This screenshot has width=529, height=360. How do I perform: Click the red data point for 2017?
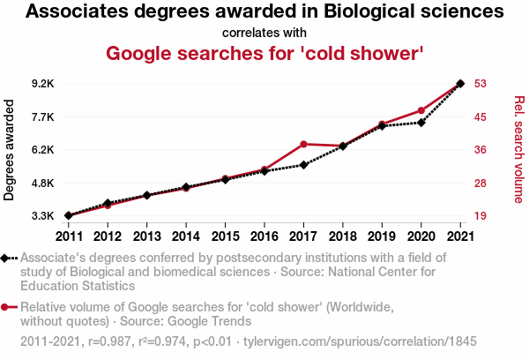[x=303, y=144]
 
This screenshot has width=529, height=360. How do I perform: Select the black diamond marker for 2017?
[x=303, y=165]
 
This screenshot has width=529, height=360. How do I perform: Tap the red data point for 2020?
[x=421, y=110]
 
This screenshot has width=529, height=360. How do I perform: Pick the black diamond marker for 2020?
[x=421, y=122]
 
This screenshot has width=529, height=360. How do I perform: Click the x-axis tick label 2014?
[x=186, y=236]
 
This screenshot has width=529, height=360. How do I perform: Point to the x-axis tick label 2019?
[x=382, y=236]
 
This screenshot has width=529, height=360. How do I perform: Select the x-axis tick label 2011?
[x=68, y=236]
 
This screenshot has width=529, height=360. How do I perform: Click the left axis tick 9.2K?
[x=42, y=84]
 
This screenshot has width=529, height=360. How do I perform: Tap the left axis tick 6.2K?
[x=42, y=150]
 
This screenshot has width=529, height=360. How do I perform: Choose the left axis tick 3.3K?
[x=42, y=216]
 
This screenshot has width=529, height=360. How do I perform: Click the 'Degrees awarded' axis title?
[x=11, y=150]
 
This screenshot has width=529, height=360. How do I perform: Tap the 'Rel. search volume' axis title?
[x=518, y=150]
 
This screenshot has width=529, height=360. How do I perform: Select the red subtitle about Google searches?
[x=264, y=53]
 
